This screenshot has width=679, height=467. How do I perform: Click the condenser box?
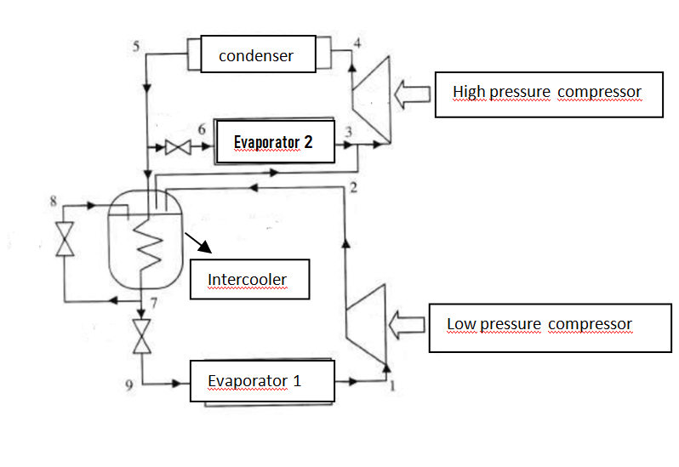(256, 56)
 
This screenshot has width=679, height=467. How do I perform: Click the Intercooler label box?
(248, 280)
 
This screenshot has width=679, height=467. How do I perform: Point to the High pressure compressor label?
(547, 93)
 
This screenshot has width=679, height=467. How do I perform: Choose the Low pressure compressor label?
(539, 326)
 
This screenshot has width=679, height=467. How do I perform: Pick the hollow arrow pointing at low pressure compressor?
(405, 324)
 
